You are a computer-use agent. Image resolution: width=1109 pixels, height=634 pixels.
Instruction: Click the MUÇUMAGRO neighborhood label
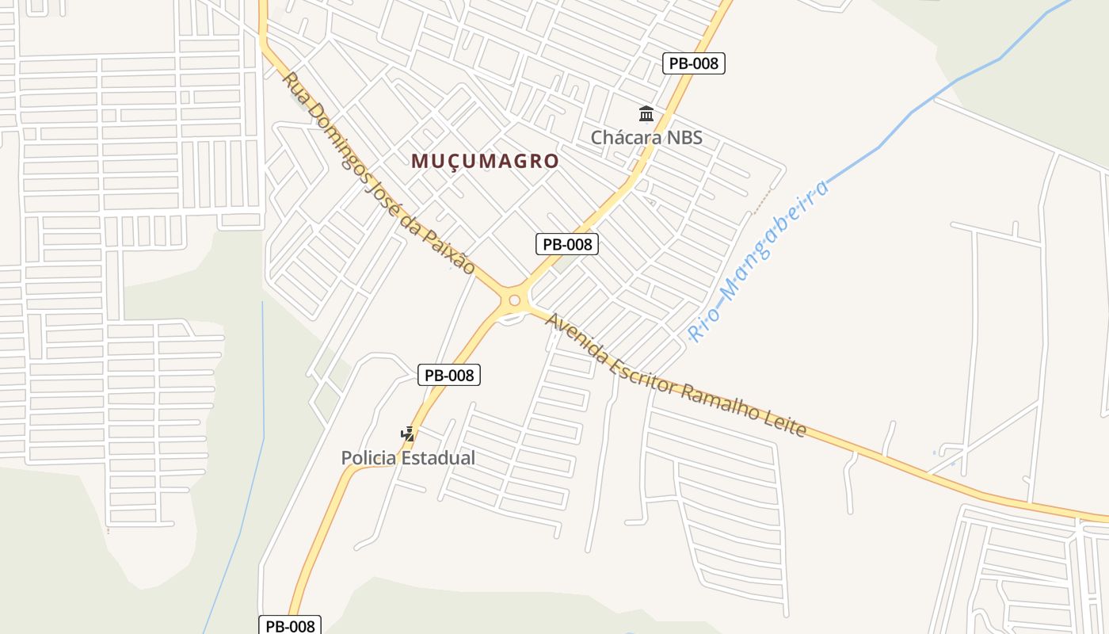(485, 161)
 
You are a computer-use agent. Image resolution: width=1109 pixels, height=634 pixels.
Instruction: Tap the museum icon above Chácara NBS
(646, 114)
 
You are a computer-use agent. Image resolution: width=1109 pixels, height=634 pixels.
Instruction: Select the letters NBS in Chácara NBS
(684, 137)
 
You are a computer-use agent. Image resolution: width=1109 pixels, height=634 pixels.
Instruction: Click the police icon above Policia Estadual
(407, 434)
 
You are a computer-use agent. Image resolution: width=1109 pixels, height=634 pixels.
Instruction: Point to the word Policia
(370, 458)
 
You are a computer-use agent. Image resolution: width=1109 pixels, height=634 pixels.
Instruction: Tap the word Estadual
(440, 458)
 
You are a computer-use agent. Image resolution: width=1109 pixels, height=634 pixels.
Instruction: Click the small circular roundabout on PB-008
(514, 300)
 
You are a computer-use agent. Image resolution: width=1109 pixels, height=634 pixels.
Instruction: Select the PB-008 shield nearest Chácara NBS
(694, 63)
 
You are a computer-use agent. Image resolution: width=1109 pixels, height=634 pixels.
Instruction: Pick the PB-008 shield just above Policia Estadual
(449, 375)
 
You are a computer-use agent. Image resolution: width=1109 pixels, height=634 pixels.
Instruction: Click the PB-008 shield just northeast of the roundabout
(567, 244)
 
